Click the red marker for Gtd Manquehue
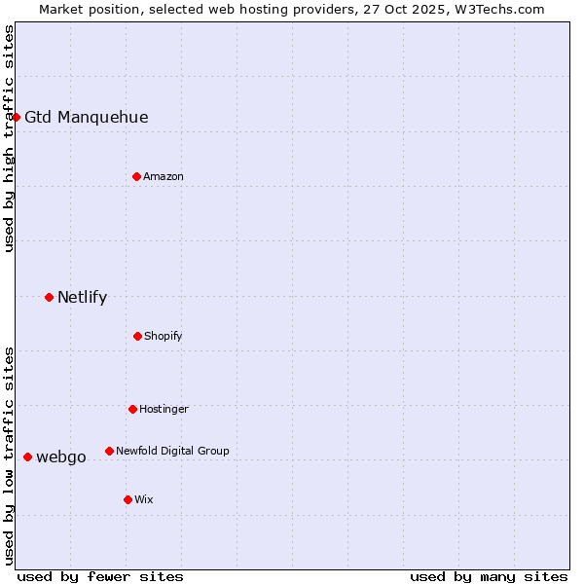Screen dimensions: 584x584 click(x=16, y=117)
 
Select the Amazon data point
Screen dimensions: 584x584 click(x=136, y=176)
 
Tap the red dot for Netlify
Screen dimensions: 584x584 click(x=49, y=297)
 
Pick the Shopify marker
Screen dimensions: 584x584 click(x=137, y=336)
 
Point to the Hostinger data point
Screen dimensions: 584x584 click(x=132, y=409)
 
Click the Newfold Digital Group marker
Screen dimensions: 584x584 click(x=109, y=451)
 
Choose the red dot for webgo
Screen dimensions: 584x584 click(x=27, y=456)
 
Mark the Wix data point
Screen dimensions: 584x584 click(x=128, y=499)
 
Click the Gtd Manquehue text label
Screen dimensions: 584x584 click(x=87, y=118)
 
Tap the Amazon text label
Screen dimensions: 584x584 click(x=164, y=176)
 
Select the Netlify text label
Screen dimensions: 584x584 click(x=82, y=298)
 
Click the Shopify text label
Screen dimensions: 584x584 click(x=164, y=337)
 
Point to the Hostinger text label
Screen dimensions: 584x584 click(x=164, y=410)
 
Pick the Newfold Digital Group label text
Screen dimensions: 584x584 click(x=172, y=452)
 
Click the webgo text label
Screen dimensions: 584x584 click(x=61, y=457)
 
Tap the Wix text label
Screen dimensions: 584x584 click(x=144, y=500)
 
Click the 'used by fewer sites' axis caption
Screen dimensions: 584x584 click(x=100, y=576)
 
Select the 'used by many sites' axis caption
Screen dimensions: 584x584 click(x=489, y=576)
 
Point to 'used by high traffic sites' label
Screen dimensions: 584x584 click(x=10, y=138)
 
